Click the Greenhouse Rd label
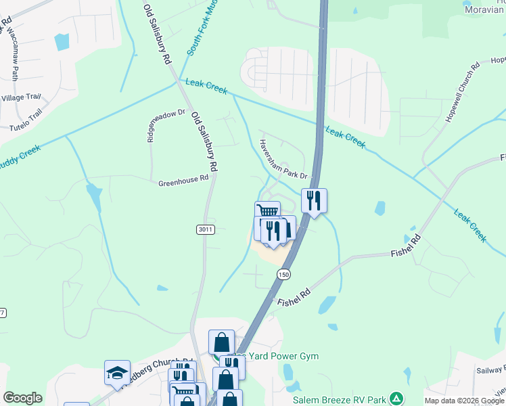click(183, 183)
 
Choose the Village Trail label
click(21, 97)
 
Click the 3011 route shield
click(206, 230)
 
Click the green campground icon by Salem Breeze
click(398, 399)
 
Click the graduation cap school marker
click(117, 372)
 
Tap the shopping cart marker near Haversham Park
click(267, 212)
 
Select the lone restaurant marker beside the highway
click(314, 200)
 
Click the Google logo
click(22, 398)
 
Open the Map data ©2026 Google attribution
click(464, 401)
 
